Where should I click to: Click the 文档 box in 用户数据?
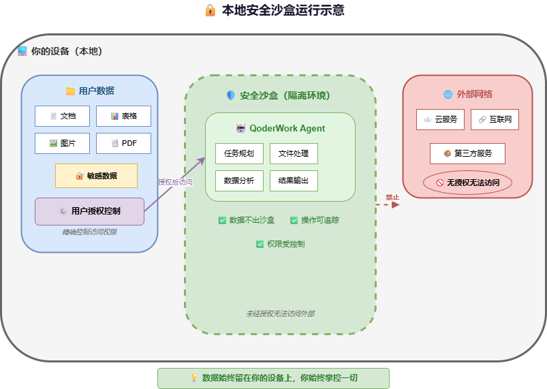[x=62, y=116]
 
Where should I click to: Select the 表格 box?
[x=123, y=116]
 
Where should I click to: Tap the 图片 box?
[x=62, y=143]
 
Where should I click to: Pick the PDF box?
[x=123, y=143]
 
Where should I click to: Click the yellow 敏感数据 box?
[x=96, y=176]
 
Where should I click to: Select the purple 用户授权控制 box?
[x=89, y=211]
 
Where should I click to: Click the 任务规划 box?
[x=239, y=153]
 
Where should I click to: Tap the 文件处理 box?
[x=294, y=153]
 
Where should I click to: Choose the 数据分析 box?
[x=239, y=181]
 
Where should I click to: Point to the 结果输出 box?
[x=294, y=181]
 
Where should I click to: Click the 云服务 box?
[x=440, y=119]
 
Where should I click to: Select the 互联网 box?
[x=495, y=119]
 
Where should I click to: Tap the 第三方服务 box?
[x=467, y=153]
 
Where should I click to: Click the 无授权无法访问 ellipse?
[x=467, y=183]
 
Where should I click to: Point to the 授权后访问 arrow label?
[x=175, y=182]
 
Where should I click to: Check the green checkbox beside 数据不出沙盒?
[x=222, y=220]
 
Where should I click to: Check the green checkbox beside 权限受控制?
[x=260, y=244]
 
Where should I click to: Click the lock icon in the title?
[x=210, y=10]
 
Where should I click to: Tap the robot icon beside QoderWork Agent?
[x=240, y=128]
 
